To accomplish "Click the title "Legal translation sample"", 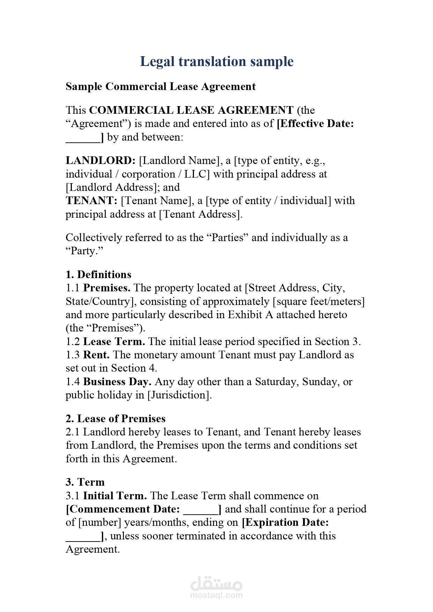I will click(217, 61).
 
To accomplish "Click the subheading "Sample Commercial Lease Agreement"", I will click(160, 87).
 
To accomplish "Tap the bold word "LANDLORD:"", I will click(100, 161).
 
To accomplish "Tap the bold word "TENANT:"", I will click(91, 201).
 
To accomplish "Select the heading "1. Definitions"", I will click(98, 275).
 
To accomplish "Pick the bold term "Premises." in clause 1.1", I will click(107, 288).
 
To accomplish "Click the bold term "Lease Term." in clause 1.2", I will click(114, 342).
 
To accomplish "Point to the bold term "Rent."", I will click(96, 355).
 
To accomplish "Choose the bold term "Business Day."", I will click(117, 382).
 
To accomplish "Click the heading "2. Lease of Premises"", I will click(115, 419).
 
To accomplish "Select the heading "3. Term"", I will click(85, 482).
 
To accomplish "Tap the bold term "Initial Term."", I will click(115, 496).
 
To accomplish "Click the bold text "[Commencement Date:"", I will click(123, 509).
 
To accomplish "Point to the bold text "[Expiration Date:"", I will click(285, 522).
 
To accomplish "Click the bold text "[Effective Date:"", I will click(315, 124).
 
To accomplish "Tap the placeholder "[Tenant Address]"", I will click(200, 214).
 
